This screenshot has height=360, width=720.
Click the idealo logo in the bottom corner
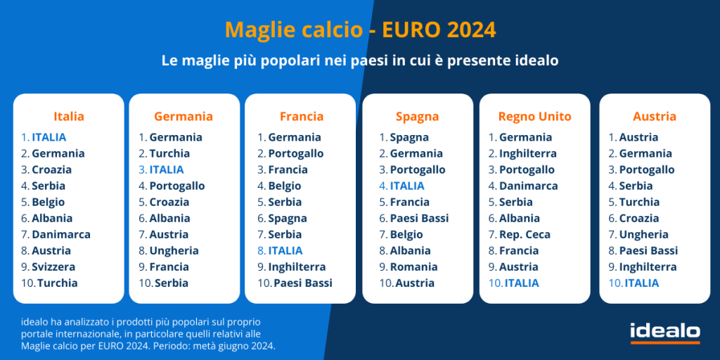(665, 333)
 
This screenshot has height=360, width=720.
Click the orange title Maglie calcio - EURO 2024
(361, 30)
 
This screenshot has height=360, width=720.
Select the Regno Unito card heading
(535, 117)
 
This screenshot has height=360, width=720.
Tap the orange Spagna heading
(418, 117)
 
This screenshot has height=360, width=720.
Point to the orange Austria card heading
(655, 117)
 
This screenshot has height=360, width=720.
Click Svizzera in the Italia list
(53, 266)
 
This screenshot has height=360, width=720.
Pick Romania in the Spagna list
(413, 266)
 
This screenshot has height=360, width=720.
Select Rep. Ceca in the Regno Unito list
(525, 235)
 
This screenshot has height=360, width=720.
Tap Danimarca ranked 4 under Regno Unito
(529, 186)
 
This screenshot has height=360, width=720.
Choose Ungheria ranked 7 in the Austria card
(644, 235)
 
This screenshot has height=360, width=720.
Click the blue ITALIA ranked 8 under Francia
(285, 251)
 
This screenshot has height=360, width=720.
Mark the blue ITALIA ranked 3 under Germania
(166, 170)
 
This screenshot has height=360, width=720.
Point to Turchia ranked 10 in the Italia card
(58, 283)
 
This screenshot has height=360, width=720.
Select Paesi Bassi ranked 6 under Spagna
(419, 219)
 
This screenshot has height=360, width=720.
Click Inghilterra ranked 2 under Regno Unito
(528, 153)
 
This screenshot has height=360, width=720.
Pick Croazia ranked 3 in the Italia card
(51, 170)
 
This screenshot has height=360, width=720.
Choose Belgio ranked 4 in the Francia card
(285, 186)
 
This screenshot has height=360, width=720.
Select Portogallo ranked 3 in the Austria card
(647, 170)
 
